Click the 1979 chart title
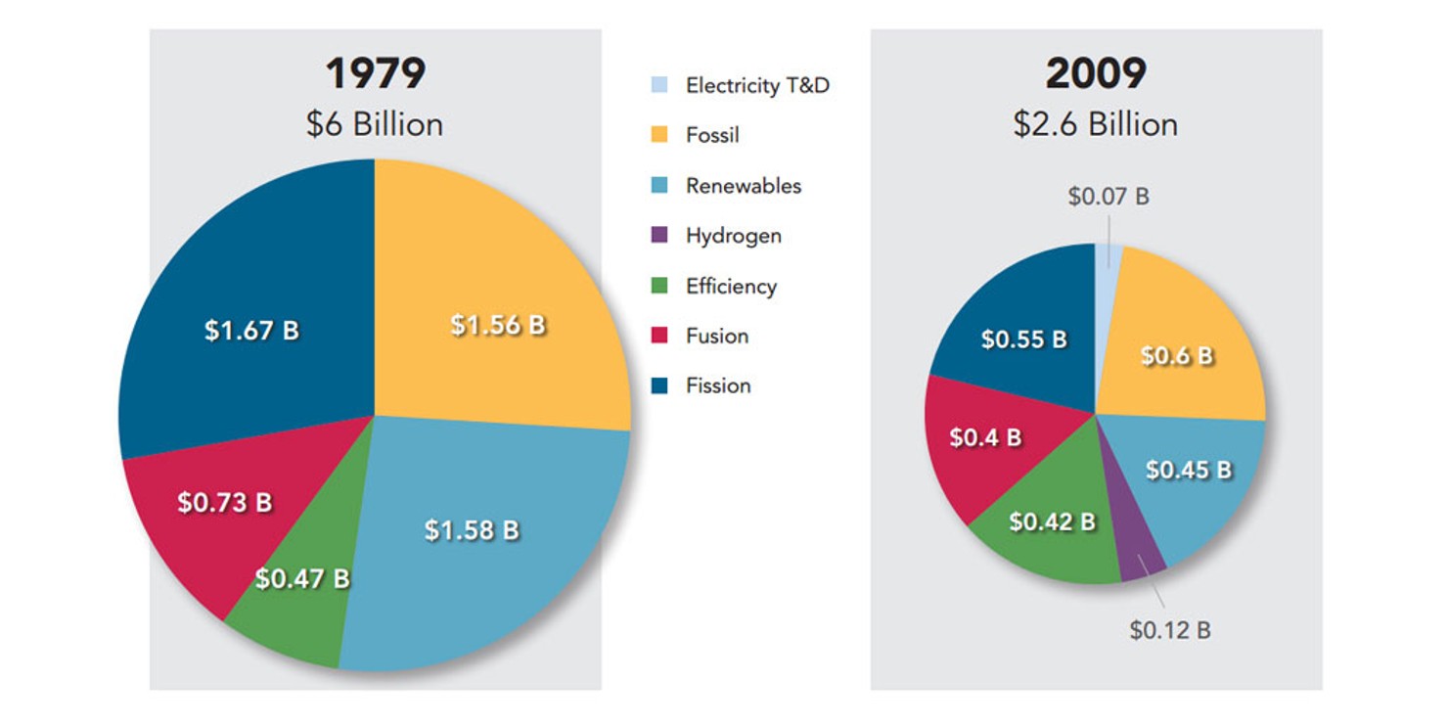click(375, 74)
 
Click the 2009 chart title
click(1095, 74)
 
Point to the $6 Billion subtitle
click(375, 124)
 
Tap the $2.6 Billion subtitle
click(1095, 124)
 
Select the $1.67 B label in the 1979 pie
click(251, 331)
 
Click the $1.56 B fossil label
click(498, 325)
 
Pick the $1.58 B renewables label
click(472, 530)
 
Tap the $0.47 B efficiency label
click(302, 578)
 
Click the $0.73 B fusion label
click(224, 503)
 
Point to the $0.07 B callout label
click(1109, 197)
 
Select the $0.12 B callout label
click(1170, 630)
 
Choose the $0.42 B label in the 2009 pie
click(1052, 522)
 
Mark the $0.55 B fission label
click(1023, 339)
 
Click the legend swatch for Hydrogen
click(659, 236)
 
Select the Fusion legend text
click(717, 336)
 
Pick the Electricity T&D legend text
click(757, 85)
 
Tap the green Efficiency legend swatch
click(659, 286)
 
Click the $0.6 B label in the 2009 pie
click(1177, 356)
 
